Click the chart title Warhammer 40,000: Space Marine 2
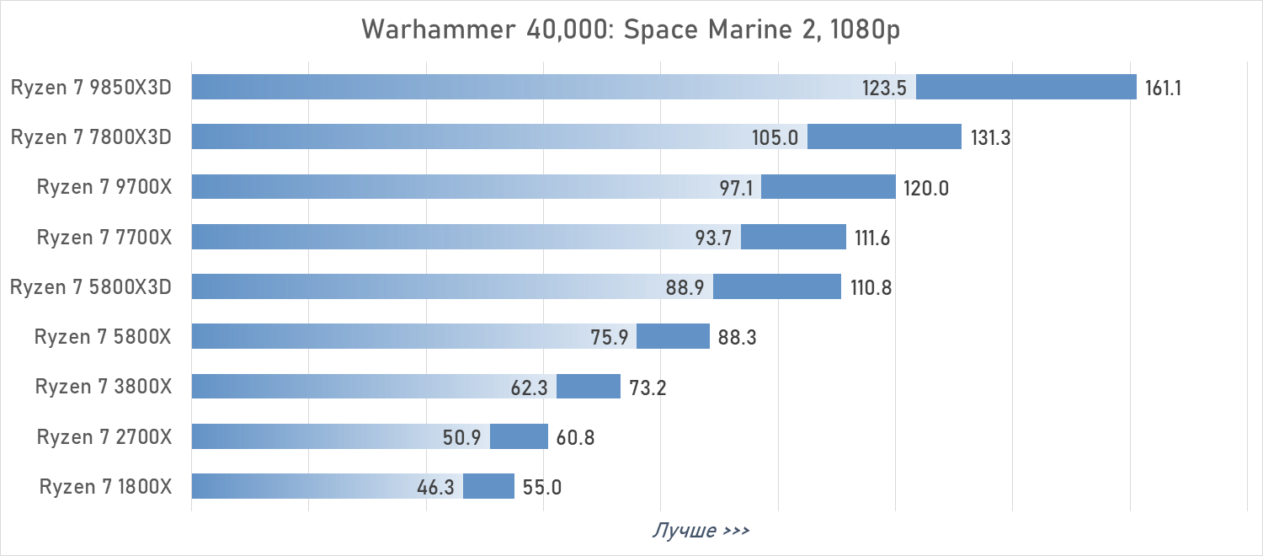point(631,29)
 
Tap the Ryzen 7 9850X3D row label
point(91,88)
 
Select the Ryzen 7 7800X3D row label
point(91,137)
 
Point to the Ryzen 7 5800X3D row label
point(91,287)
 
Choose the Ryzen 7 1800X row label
point(105,487)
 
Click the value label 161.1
point(1163,88)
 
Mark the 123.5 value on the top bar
point(883,88)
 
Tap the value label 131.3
point(990,137)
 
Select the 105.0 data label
point(775,137)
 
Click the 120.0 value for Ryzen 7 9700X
point(926,188)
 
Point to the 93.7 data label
point(712,238)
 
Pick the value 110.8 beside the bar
point(871,288)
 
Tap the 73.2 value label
point(647,388)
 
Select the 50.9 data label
point(461,438)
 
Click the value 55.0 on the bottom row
point(541,488)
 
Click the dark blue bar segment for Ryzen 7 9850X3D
point(1026,87)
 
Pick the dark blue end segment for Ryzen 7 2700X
point(519,436)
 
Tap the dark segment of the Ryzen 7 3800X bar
point(588,387)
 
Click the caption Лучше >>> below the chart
point(701,531)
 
